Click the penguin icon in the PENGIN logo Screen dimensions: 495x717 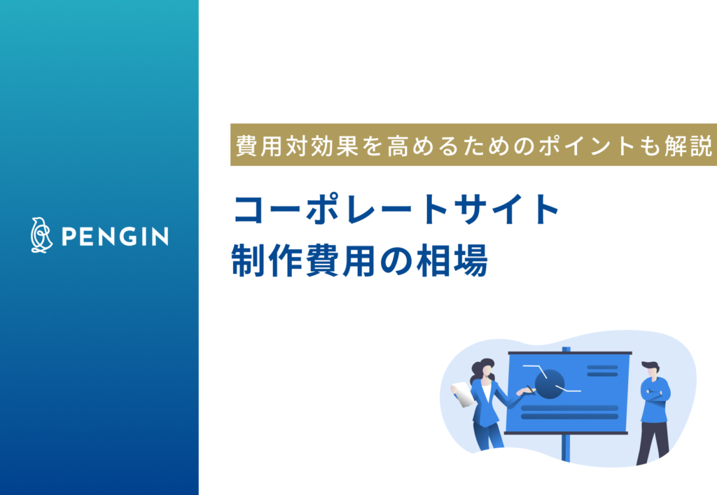pos(42,235)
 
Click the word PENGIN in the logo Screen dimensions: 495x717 pos(115,237)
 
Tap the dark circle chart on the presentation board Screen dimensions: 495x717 pos(550,382)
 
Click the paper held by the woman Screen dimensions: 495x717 pos(461,393)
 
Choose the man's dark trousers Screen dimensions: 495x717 pos(651,441)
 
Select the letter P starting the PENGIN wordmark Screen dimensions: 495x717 pos(68,237)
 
